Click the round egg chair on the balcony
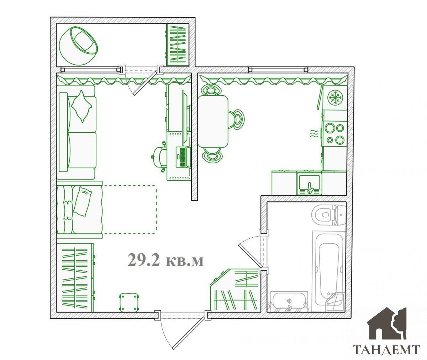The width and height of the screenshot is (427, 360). coord(78,46)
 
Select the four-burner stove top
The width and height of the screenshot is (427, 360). coord(334,133)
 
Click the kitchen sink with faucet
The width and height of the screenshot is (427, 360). coord(309,183)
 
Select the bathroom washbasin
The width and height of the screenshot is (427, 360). coord(289,301)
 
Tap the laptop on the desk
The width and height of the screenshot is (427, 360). coord(183,157)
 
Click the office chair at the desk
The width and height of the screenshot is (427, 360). coord(159,157)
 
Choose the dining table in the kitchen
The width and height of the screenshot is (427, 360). coord(213,121)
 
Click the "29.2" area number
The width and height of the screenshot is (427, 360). coord(143,260)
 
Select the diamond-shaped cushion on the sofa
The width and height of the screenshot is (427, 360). coord(81,106)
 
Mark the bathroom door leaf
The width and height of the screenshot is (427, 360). coord(250,256)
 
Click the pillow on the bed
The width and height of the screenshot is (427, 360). coord(82,202)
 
